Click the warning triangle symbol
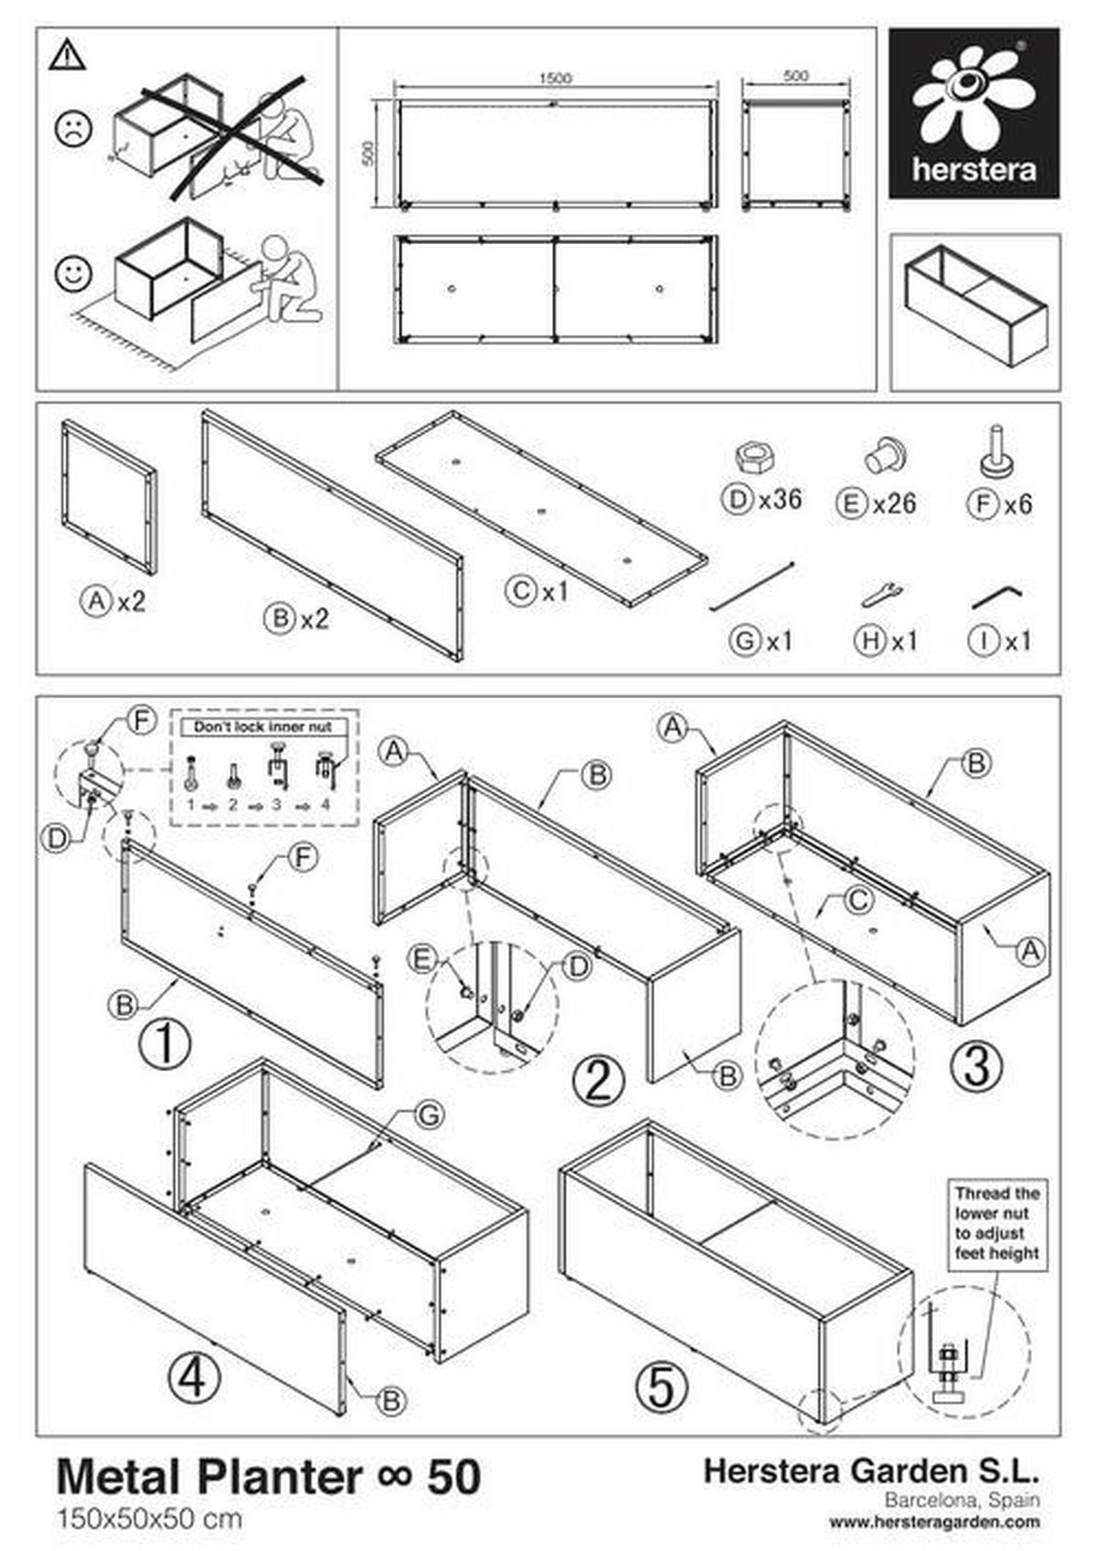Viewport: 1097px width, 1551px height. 68,56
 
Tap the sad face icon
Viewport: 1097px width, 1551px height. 73,128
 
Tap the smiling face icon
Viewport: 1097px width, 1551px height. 73,272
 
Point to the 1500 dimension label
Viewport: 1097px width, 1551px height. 554,78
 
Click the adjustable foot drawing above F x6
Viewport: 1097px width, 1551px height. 996,451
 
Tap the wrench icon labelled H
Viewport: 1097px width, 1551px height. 882,594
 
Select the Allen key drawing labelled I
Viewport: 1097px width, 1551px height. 996,598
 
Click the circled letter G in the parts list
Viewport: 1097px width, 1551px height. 745,641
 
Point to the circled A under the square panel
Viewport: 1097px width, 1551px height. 95,601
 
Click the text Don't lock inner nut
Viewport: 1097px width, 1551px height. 263,727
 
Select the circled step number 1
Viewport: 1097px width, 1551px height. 165,1043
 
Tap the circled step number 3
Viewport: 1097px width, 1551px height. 976,1066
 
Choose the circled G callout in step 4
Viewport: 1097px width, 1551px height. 428,1115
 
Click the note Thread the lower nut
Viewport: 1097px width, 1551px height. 997,1223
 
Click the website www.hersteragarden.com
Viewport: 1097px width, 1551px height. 934,1522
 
